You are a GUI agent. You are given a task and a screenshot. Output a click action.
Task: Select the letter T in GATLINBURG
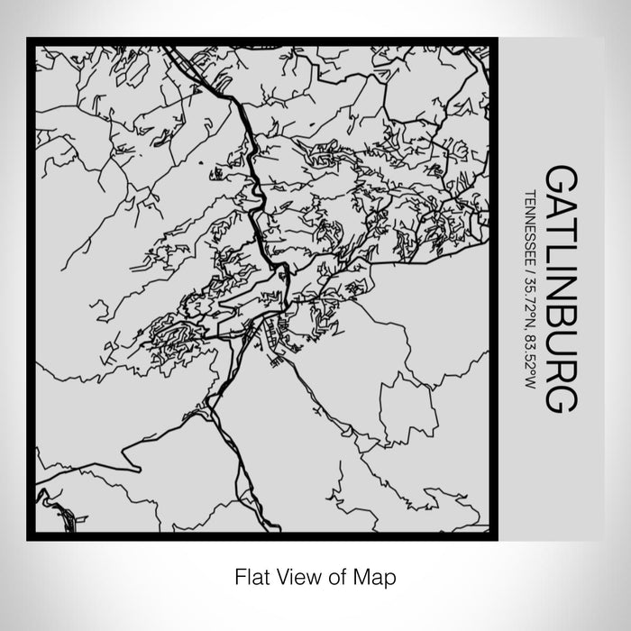click(x=560, y=228)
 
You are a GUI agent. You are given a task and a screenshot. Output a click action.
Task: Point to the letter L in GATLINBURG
click(x=560, y=250)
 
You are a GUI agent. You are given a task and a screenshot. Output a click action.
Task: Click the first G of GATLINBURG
click(x=560, y=178)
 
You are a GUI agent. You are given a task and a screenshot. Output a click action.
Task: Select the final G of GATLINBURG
click(x=560, y=394)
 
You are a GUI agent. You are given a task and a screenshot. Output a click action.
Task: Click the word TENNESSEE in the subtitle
click(x=530, y=226)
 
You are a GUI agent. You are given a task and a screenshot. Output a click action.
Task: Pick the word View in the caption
click(x=295, y=574)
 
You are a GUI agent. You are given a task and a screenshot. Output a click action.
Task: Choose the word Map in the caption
click(x=378, y=574)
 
